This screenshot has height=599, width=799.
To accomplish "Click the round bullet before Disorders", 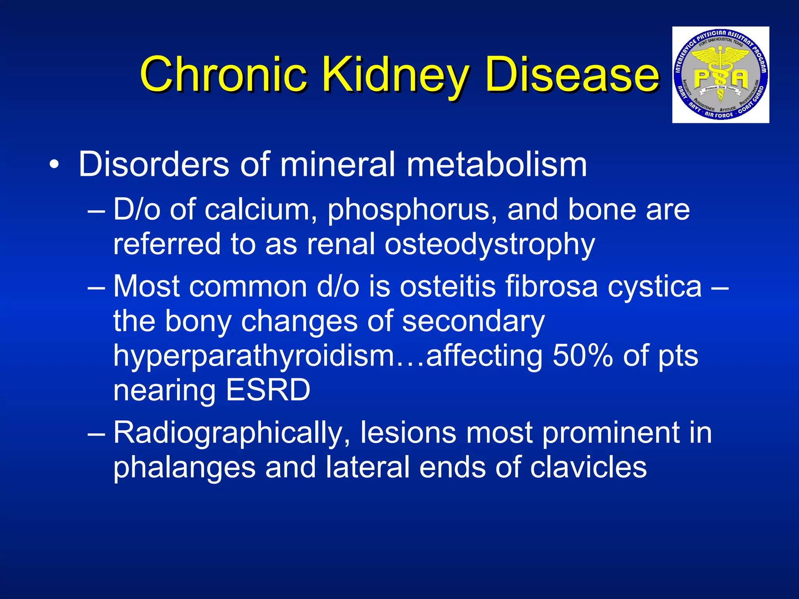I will pyautogui.click(x=55, y=165).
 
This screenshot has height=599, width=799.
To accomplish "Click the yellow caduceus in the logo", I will pyautogui.click(x=720, y=66).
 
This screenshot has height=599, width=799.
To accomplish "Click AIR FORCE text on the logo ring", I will pyautogui.click(x=719, y=115).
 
